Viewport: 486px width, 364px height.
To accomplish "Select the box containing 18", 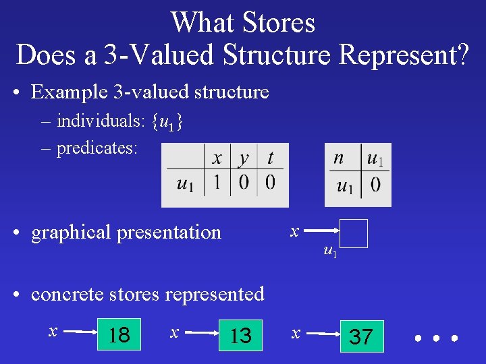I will tap(119, 335).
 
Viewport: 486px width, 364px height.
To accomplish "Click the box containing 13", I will tap(240, 335).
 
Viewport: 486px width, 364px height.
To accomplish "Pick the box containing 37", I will tap(361, 336).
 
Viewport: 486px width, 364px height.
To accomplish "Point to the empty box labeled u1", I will tap(354, 234).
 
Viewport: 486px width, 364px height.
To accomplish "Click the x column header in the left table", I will tap(217, 158).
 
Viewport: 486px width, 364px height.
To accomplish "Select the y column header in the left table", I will tap(244, 158).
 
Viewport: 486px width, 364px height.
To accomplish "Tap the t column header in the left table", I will tap(270, 158).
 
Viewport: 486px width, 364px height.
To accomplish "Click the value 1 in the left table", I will tap(217, 183).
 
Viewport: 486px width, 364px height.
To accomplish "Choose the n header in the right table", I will tap(339, 158).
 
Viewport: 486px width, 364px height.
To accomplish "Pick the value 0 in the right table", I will tap(375, 184).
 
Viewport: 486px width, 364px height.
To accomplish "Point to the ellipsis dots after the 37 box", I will tap(435, 336).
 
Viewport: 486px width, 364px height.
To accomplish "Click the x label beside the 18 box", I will tap(53, 330).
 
